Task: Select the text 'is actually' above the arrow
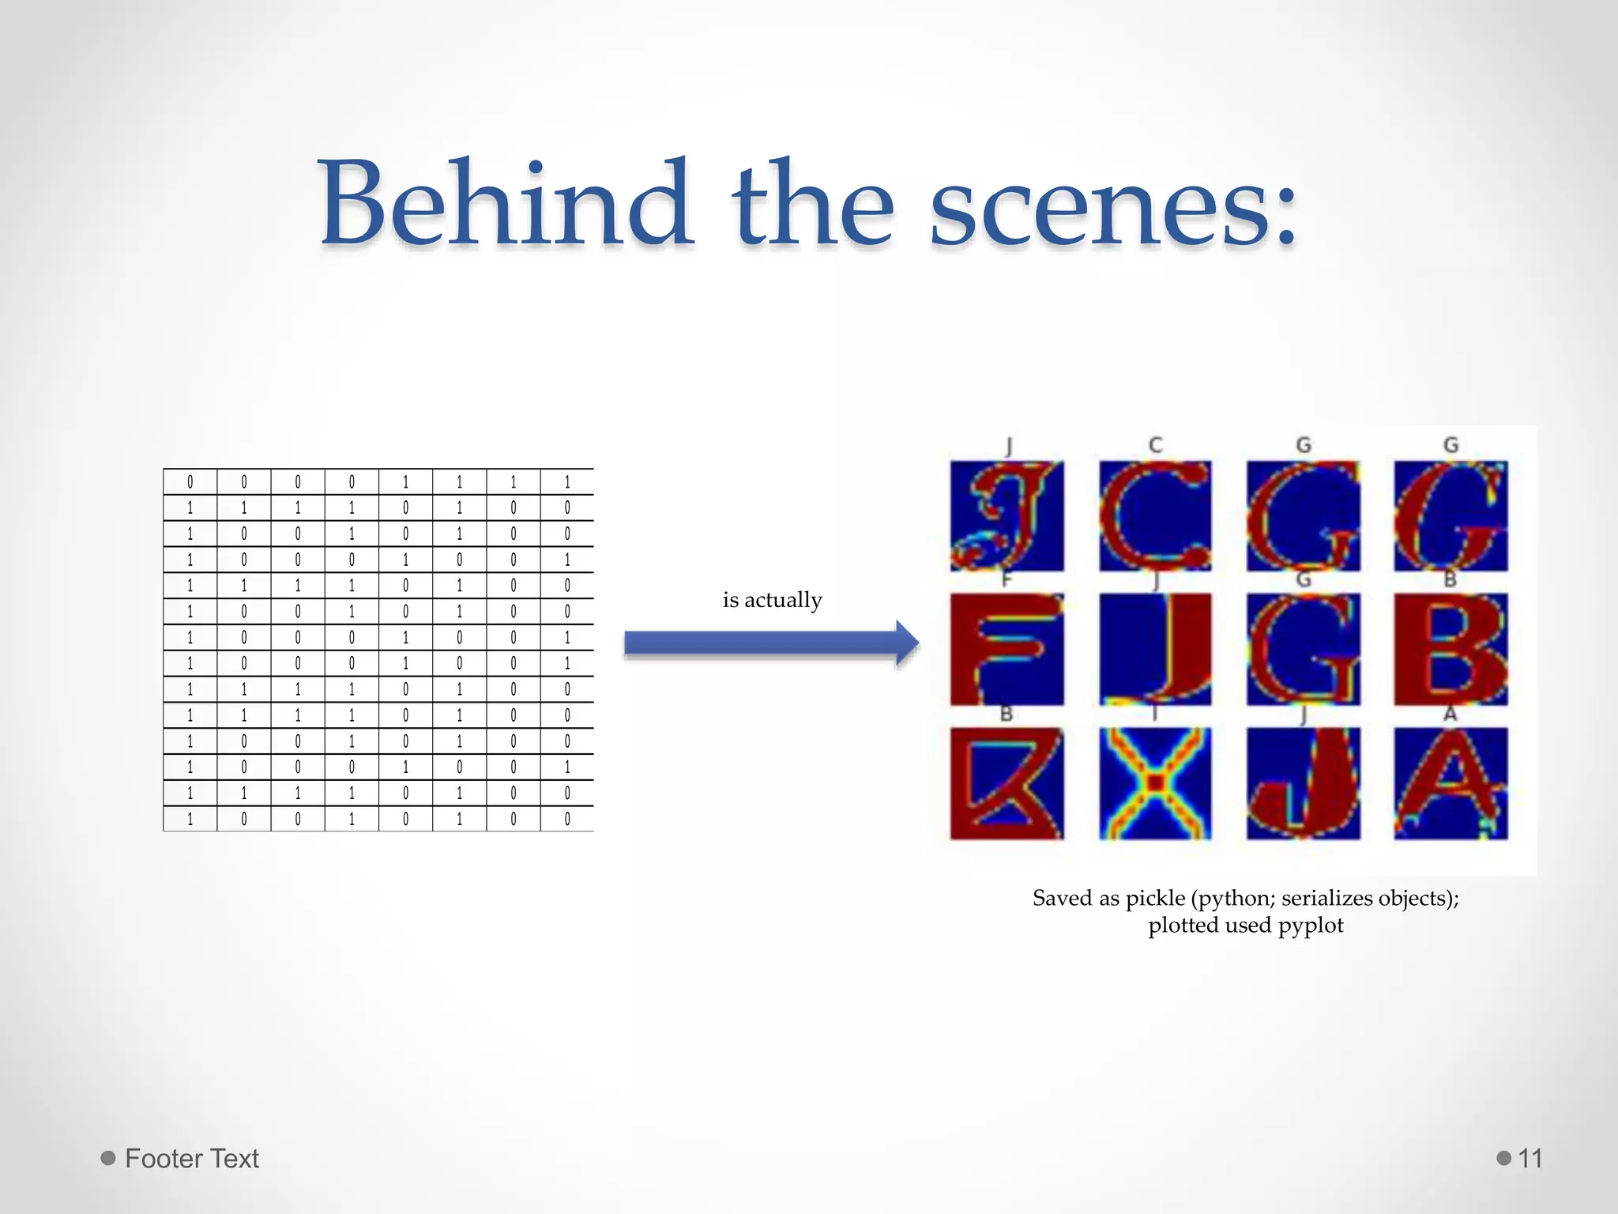click(x=772, y=600)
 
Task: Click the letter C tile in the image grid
click(x=1154, y=516)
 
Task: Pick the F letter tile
click(x=1007, y=649)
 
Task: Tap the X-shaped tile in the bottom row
click(x=1154, y=783)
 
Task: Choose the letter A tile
click(x=1451, y=783)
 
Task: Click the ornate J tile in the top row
click(x=1007, y=516)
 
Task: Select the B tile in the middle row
click(x=1451, y=649)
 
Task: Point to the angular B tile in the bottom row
click(x=1007, y=783)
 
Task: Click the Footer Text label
click(x=191, y=1159)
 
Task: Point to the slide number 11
click(x=1530, y=1159)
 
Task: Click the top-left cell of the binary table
click(x=190, y=482)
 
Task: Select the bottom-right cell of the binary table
click(x=566, y=819)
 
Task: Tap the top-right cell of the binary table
click(x=566, y=482)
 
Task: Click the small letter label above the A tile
click(x=1450, y=714)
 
